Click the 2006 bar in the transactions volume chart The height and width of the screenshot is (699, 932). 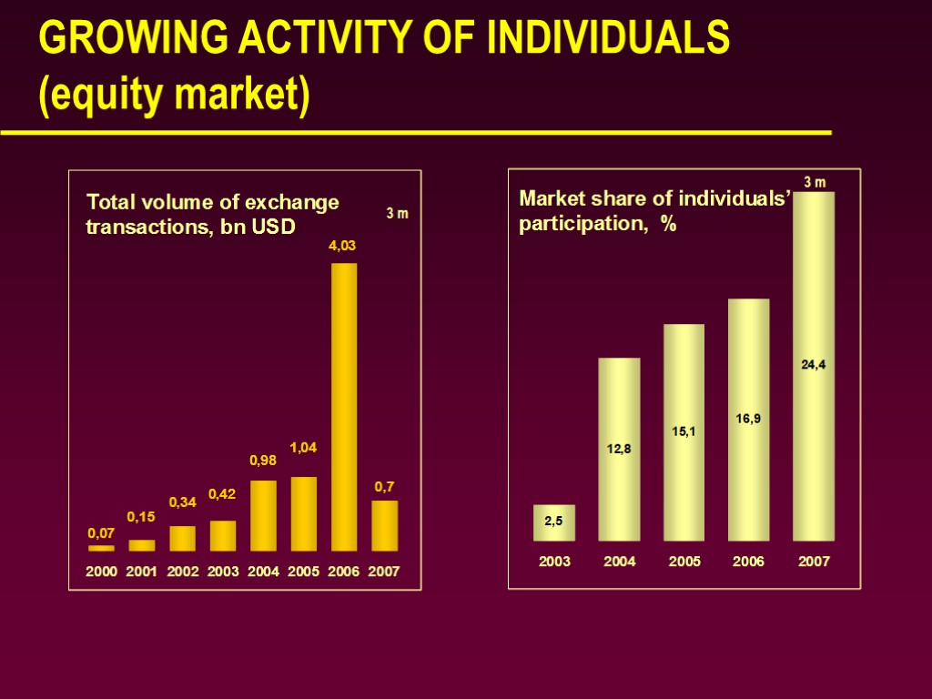pos(344,407)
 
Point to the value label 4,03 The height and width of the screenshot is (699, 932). pos(343,246)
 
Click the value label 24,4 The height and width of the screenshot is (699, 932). pos(814,365)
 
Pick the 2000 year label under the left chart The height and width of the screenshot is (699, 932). pos(101,572)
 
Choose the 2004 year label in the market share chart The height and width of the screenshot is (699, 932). pos(620,562)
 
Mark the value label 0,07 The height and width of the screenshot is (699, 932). pos(101,532)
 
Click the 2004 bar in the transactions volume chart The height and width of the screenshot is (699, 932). pos(263,515)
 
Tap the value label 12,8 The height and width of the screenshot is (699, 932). pos(620,449)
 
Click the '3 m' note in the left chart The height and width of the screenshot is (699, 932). pos(398,214)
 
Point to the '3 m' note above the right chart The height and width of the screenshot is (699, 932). pos(814,182)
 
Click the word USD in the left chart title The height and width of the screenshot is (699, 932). pos(274,227)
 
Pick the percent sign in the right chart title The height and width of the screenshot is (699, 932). pos(669,224)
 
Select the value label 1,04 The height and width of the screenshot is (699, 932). pos(304,448)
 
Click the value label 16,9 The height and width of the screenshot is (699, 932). pos(749,419)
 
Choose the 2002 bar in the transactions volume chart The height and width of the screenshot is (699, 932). pos(182,538)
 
